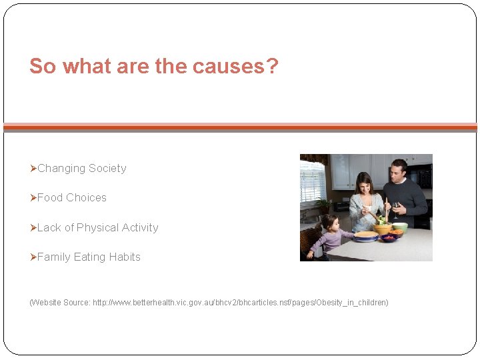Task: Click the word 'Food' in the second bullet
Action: [50, 197]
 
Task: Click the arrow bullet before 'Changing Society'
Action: [33, 168]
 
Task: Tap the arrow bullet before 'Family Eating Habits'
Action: [33, 257]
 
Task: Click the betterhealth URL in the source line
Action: [240, 303]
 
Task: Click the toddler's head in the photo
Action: [329, 222]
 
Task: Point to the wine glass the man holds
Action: [396, 208]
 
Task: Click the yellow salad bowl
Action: [382, 228]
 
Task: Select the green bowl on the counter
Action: [399, 227]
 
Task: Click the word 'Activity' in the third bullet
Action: [140, 227]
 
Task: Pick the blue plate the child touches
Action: [365, 235]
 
